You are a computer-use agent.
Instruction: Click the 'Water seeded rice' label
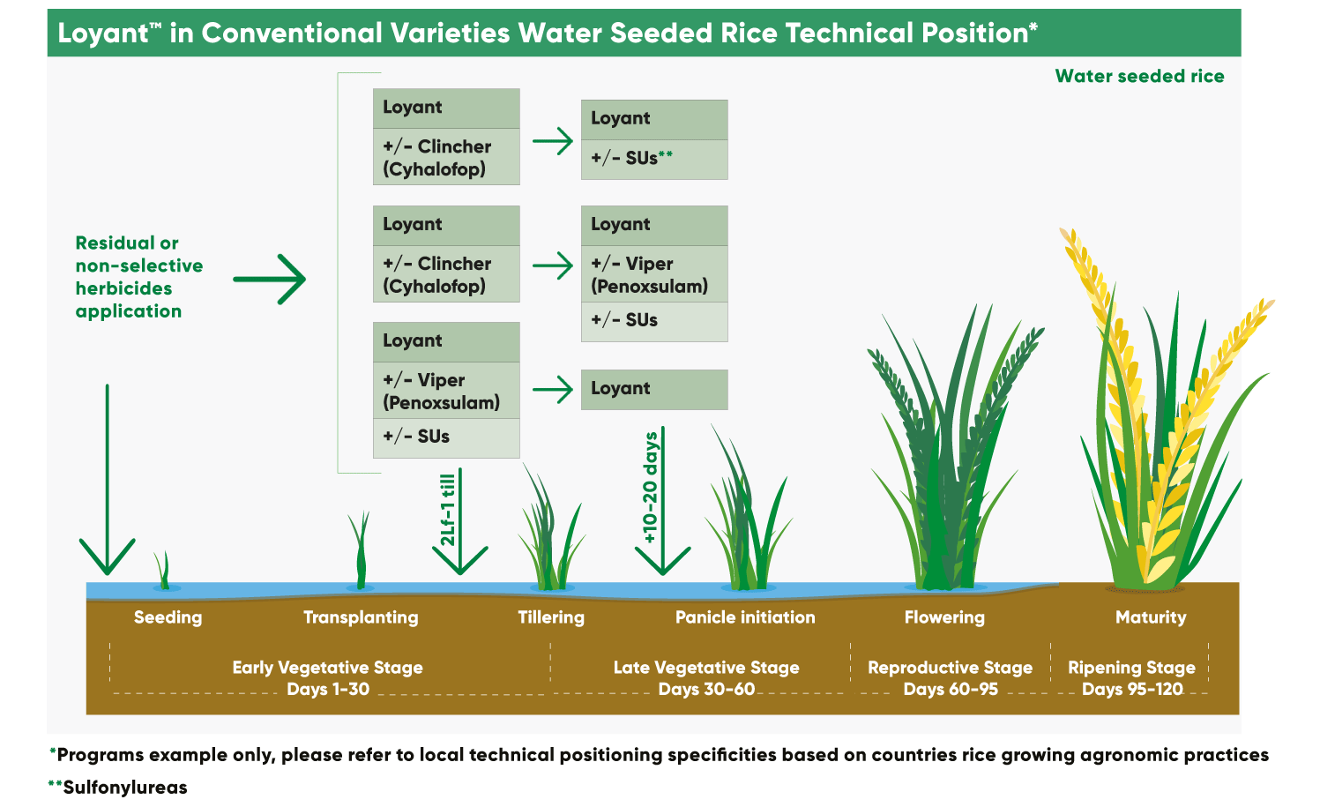coord(1139,77)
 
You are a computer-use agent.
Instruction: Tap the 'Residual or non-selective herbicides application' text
coord(138,277)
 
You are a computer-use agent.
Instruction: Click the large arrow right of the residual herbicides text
coord(270,280)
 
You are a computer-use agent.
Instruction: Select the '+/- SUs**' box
coord(654,159)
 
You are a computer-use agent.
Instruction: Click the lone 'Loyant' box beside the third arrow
coord(654,389)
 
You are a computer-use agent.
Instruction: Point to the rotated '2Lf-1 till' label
coord(448,511)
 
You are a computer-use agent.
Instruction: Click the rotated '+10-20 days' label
coord(651,488)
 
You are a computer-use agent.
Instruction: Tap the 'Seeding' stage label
coord(168,617)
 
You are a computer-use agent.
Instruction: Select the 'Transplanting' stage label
coord(361,617)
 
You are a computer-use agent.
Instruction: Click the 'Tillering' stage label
coord(551,617)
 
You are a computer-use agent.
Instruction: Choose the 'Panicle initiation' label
coord(745,617)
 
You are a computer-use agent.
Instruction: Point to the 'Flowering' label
coord(944,617)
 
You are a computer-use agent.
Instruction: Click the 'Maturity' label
coord(1151,617)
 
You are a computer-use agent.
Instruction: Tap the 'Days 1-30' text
coord(328,690)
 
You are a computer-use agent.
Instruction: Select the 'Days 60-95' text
coord(951,690)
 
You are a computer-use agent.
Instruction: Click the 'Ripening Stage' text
coord(1131,668)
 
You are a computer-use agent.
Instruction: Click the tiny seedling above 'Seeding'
coord(163,571)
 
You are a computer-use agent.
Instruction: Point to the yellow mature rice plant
coord(1155,441)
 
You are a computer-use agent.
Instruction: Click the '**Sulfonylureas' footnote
coord(118,788)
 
